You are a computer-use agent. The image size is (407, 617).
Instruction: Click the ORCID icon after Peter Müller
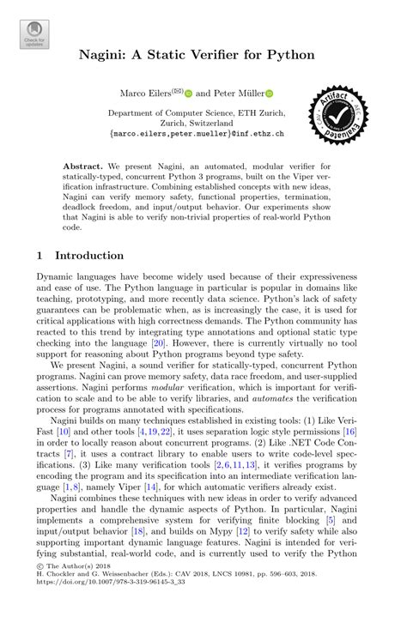tap(267, 93)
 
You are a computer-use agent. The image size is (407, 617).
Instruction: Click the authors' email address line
tap(197, 134)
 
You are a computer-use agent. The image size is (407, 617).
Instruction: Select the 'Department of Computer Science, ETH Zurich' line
tap(197, 112)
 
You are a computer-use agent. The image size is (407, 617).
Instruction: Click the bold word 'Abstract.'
tap(83, 165)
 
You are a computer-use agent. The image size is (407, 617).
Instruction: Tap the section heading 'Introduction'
tap(89, 255)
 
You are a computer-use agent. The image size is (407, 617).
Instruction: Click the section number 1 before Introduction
tap(39, 255)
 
